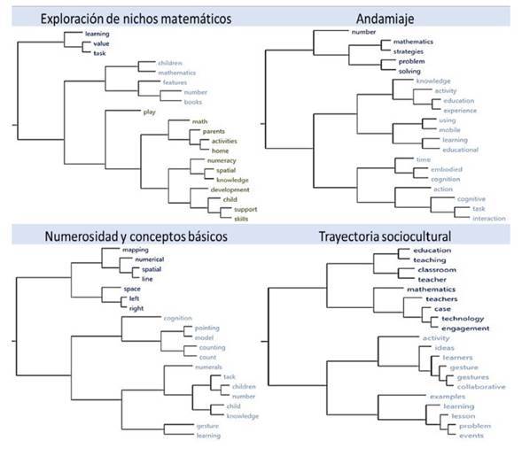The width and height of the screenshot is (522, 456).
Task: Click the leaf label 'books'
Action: coord(194,102)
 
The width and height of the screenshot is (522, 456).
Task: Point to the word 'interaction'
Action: coord(489,218)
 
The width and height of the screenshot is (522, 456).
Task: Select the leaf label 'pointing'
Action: coord(206,328)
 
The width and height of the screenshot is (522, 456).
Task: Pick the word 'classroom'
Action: coord(436,269)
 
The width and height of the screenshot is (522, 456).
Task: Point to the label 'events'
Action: coord(471,435)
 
